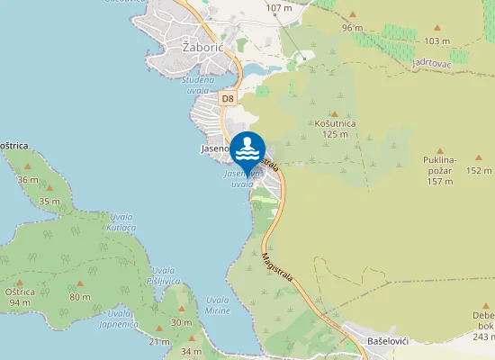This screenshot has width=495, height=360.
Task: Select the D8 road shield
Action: (228, 98)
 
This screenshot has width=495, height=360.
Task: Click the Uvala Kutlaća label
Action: (121, 222)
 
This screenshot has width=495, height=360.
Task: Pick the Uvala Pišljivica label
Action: (165, 275)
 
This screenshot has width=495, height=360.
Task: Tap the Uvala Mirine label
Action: (217, 304)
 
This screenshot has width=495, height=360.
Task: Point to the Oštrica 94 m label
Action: (19, 297)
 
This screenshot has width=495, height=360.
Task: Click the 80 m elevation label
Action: (80, 297)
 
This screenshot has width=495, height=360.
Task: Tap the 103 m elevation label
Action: (436, 41)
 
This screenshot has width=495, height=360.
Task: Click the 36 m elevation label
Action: (28, 180)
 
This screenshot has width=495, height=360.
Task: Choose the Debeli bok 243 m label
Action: (482, 325)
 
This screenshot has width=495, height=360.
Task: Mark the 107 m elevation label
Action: (280, 8)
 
